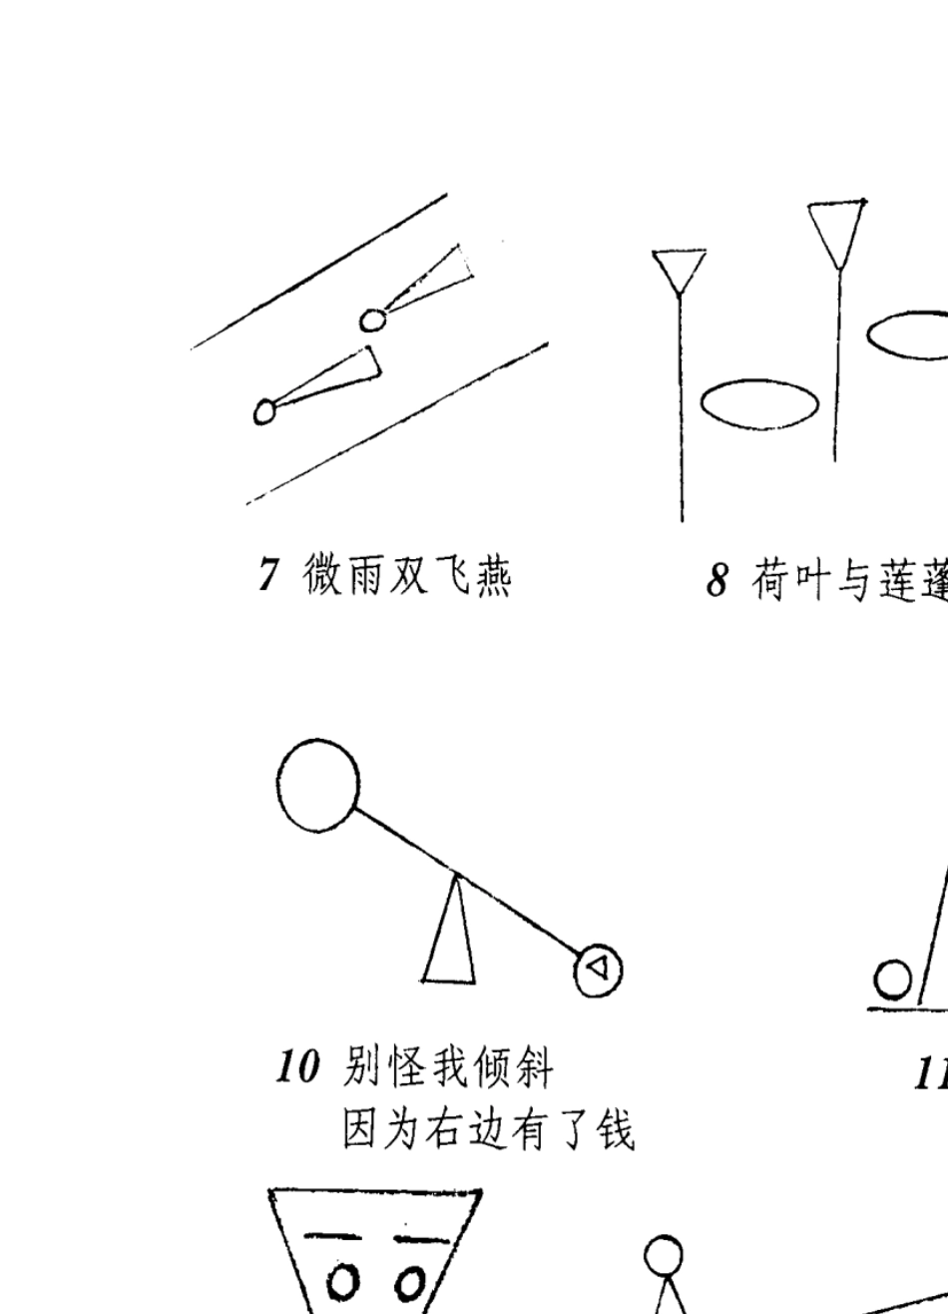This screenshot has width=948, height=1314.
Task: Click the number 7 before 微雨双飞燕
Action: coord(267,576)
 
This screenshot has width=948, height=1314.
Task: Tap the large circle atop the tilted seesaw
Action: coord(317,786)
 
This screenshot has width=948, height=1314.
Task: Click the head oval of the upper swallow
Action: coord(372,320)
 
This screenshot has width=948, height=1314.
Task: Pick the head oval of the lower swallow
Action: coord(264,410)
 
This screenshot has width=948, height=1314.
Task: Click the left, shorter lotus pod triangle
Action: coord(680,270)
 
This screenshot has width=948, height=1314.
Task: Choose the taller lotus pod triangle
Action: coord(835,231)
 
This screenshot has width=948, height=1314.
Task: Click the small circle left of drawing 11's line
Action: coord(892,979)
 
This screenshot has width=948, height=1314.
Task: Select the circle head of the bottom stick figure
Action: coord(664,1255)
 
